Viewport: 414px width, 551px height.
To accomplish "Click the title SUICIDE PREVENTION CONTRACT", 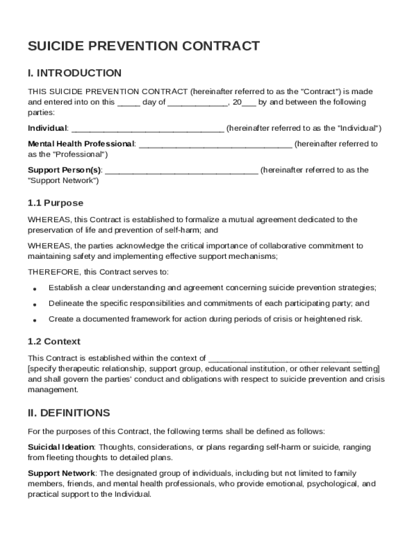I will (x=144, y=46).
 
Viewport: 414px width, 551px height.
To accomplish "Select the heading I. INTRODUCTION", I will (x=75, y=73).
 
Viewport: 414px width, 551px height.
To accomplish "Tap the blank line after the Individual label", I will (x=147, y=129).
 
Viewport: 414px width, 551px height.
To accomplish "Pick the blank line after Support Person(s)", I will (x=181, y=171).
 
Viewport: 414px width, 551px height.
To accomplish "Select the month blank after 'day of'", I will (x=198, y=103).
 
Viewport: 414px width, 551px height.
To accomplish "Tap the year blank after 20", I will (x=249, y=103).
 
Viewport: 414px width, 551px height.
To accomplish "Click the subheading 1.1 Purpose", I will (x=55, y=203).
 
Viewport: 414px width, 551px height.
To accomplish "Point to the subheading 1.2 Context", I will (x=54, y=342).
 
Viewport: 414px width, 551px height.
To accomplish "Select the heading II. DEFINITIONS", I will (x=69, y=413).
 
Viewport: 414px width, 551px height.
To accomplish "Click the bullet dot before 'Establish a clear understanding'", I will (x=34, y=288).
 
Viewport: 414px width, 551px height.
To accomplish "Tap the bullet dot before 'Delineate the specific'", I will (x=34, y=304).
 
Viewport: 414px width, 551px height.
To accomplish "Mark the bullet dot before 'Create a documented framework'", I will (x=34, y=320).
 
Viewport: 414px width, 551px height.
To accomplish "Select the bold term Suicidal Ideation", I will (x=61, y=447).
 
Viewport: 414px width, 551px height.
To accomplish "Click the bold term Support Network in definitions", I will (x=61, y=473).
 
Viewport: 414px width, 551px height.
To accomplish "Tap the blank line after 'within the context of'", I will (x=285, y=358).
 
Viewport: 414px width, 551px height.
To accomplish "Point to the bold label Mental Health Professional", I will (x=81, y=144).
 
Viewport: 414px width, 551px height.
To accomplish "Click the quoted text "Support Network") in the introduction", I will (x=63, y=180).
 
